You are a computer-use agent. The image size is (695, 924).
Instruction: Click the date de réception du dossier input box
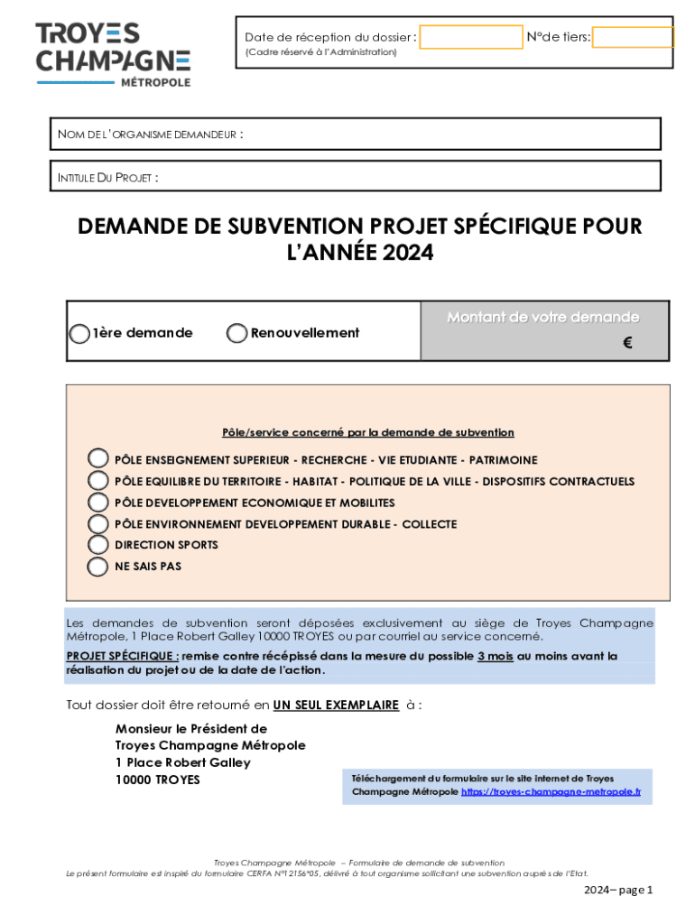pyautogui.click(x=471, y=37)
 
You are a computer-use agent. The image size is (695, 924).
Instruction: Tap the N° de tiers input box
pyautogui.click(x=633, y=37)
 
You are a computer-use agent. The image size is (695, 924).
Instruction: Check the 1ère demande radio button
pyautogui.click(x=79, y=333)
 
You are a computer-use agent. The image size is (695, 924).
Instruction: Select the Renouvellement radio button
pyautogui.click(x=236, y=333)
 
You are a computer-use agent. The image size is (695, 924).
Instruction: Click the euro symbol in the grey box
pyautogui.click(x=627, y=343)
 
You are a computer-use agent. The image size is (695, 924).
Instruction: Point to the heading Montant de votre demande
pyautogui.click(x=543, y=317)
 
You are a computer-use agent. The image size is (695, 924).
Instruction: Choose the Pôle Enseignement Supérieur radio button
pyautogui.click(x=97, y=459)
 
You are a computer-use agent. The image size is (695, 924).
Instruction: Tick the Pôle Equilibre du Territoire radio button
pyautogui.click(x=97, y=481)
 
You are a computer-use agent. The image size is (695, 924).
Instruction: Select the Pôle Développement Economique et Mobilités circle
pyautogui.click(x=97, y=503)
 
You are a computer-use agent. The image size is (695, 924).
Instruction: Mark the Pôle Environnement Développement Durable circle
pyautogui.click(x=97, y=523)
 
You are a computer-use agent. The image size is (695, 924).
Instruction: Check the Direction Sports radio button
pyautogui.click(x=97, y=545)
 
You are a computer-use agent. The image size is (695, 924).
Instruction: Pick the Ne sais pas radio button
pyautogui.click(x=97, y=567)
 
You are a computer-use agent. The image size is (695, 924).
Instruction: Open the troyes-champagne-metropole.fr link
pyautogui.click(x=551, y=791)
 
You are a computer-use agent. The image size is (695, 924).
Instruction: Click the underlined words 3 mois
pyautogui.click(x=496, y=656)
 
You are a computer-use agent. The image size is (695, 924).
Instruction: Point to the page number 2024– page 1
pyautogui.click(x=617, y=890)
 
